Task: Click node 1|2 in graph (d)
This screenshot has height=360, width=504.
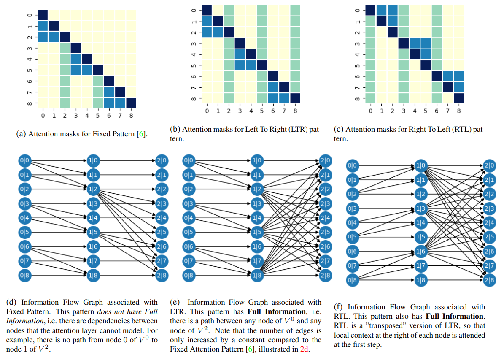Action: click(92, 189)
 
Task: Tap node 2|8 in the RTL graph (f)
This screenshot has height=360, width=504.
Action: click(489, 280)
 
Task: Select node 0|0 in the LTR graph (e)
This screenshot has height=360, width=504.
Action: click(189, 160)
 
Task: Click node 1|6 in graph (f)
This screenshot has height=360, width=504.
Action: click(420, 252)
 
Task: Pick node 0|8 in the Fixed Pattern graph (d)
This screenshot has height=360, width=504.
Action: click(24, 276)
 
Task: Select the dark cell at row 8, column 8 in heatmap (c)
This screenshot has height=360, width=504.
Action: click(458, 98)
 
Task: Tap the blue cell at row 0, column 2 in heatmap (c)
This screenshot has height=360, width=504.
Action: click(393, 10)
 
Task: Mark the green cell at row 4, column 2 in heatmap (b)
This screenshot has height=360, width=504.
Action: click(228, 54)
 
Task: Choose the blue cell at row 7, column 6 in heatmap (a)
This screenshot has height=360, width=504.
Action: click(108, 92)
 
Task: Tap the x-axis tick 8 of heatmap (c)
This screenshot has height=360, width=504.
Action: click(458, 111)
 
